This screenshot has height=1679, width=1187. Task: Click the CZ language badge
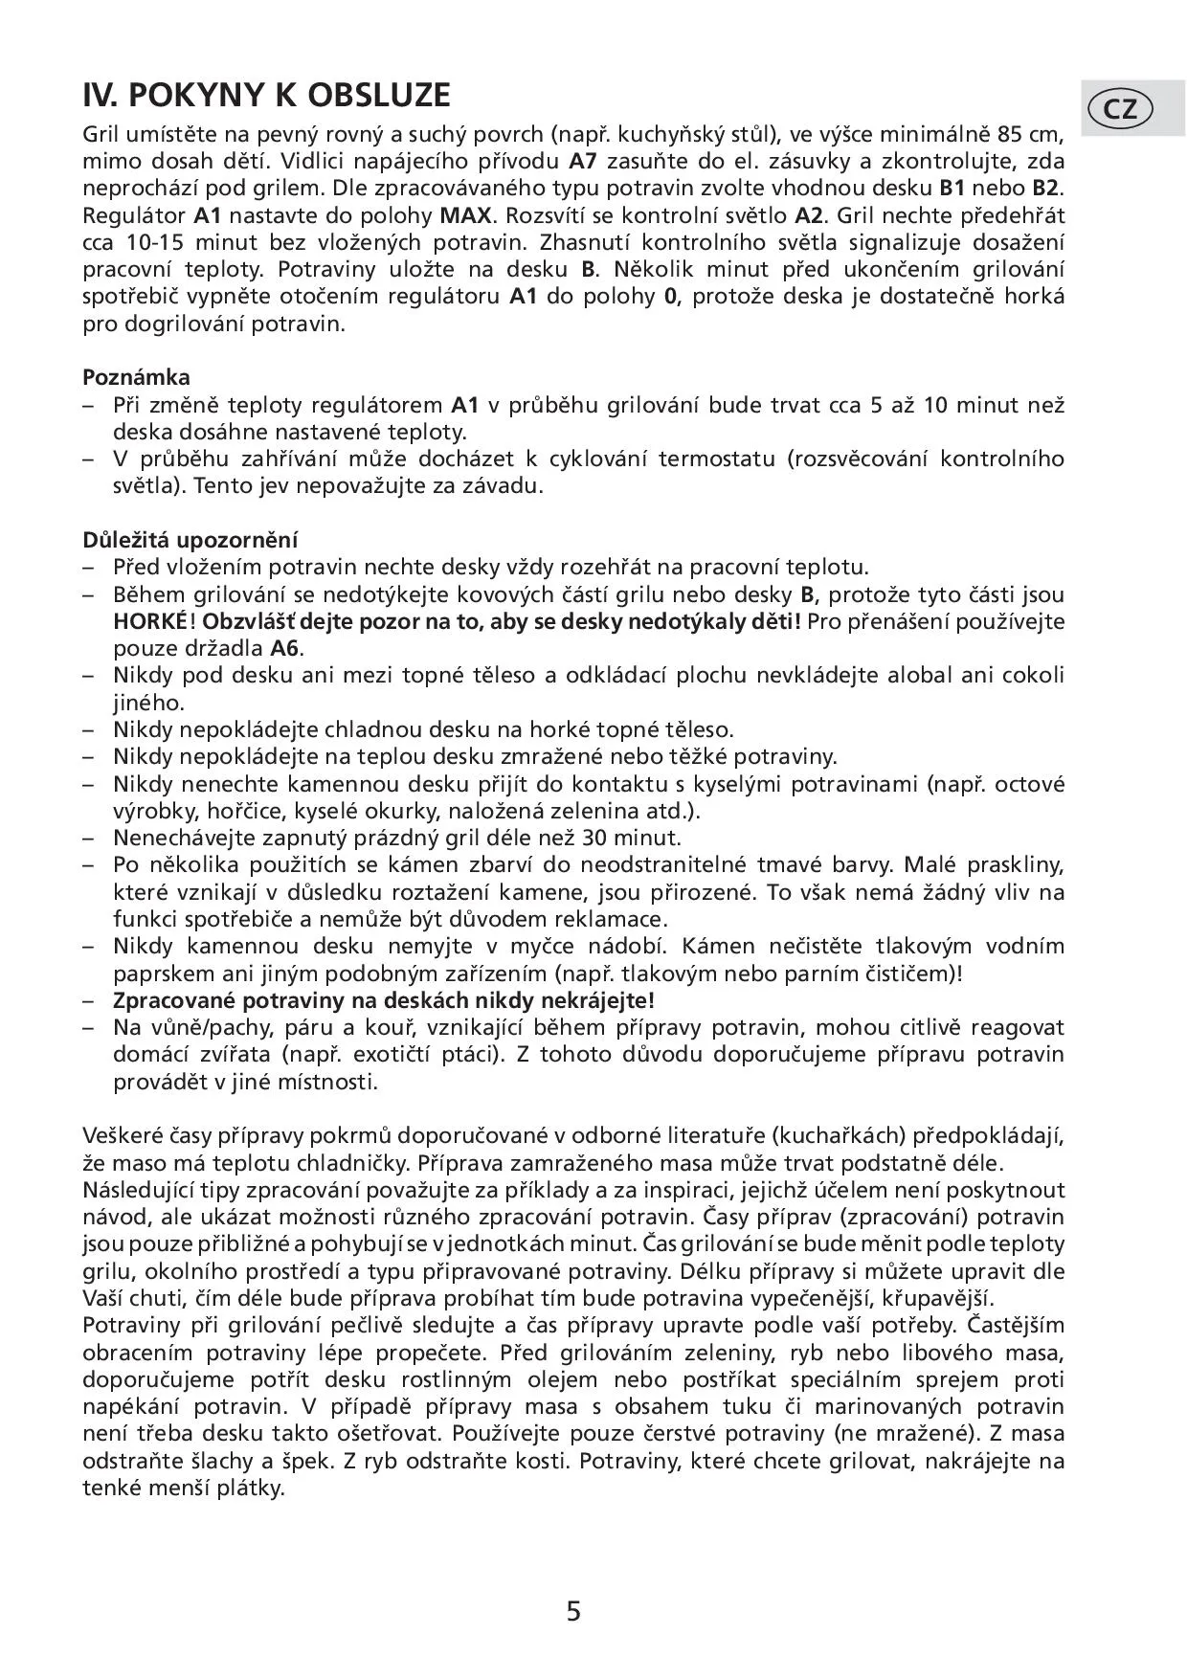pyautogui.click(x=1121, y=109)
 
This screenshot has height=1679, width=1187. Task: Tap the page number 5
pyautogui.click(x=573, y=1611)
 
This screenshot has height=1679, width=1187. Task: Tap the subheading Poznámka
pyautogui.click(x=136, y=376)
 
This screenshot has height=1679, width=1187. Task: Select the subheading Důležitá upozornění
pyautogui.click(x=190, y=539)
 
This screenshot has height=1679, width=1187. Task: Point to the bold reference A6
pyautogui.click(x=286, y=648)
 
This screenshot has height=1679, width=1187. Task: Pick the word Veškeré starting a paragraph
pyautogui.click(x=118, y=1136)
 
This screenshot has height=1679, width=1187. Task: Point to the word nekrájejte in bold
pyautogui.click(x=601, y=1000)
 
